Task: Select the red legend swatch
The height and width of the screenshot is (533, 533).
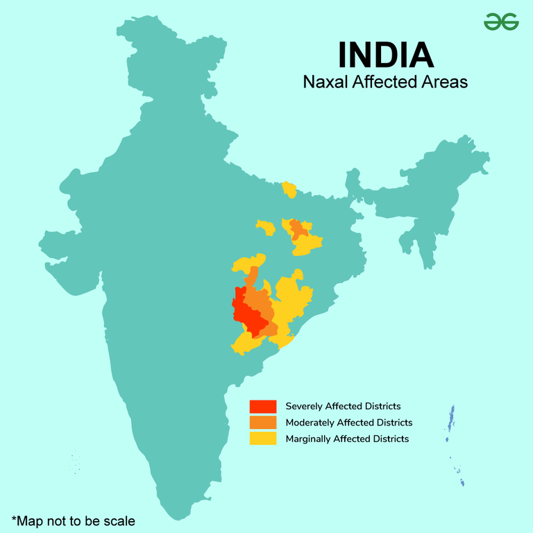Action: coord(264,406)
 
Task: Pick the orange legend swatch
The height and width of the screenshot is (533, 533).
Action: coord(264,422)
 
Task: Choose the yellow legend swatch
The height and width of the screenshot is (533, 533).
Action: coord(264,439)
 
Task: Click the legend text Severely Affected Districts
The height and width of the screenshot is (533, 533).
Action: coord(343,406)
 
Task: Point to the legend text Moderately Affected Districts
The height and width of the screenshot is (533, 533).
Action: coord(348,423)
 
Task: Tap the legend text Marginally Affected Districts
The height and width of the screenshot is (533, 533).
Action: coord(347,439)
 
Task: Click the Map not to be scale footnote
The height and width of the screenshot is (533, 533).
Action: coord(73,520)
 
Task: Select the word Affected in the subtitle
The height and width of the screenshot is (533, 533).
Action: coord(384,82)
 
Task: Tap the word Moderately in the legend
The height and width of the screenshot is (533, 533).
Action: coord(309,423)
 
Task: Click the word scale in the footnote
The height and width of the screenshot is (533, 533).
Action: coord(119,520)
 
